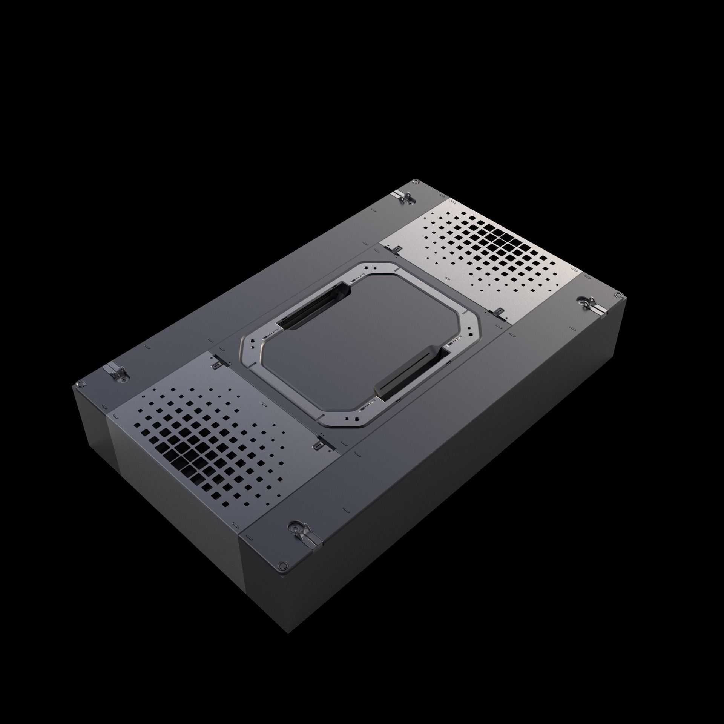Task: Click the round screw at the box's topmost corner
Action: pos(415,182)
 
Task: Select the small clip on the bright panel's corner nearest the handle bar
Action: pos(499,302)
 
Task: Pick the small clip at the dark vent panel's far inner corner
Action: pos(216,365)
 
